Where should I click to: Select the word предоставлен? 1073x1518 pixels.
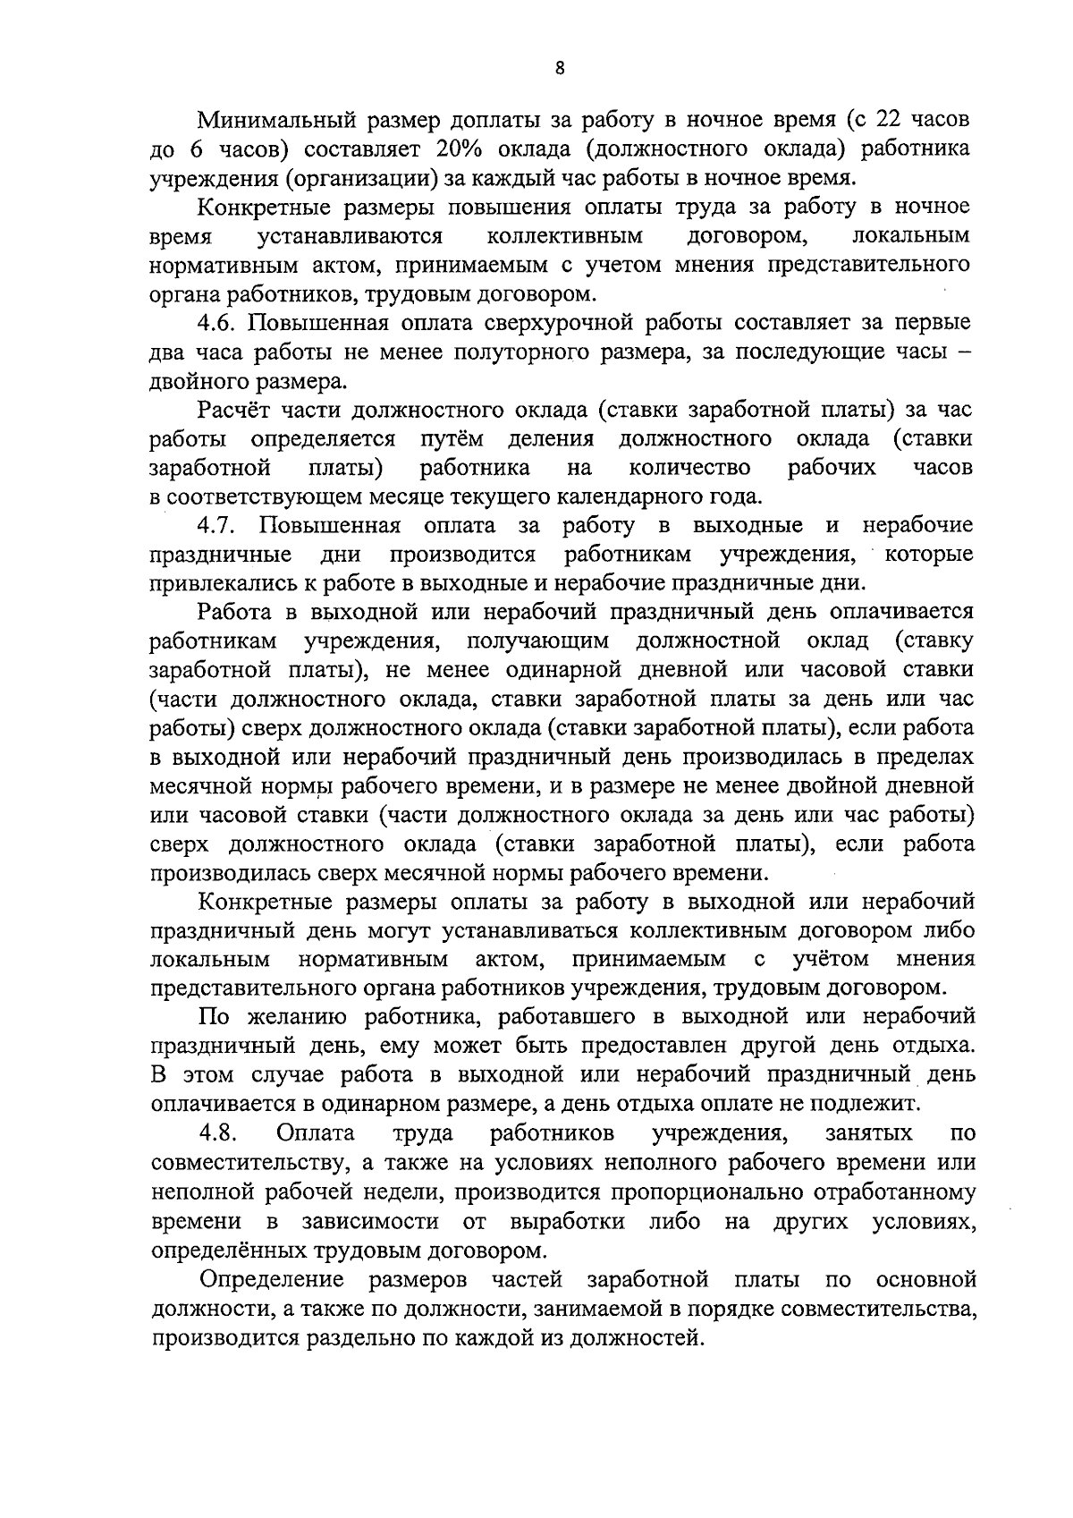[x=657, y=1046]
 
